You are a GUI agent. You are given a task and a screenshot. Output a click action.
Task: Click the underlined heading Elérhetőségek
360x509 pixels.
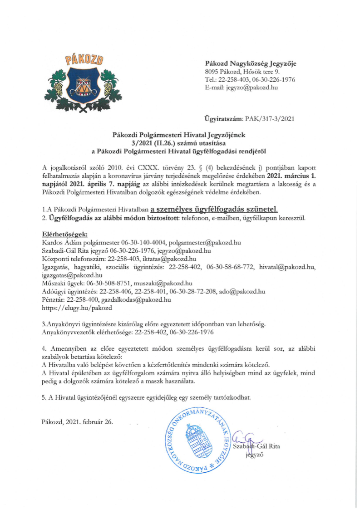point(56,235)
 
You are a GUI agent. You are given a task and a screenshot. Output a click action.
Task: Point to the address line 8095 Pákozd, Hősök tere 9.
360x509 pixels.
point(242,71)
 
